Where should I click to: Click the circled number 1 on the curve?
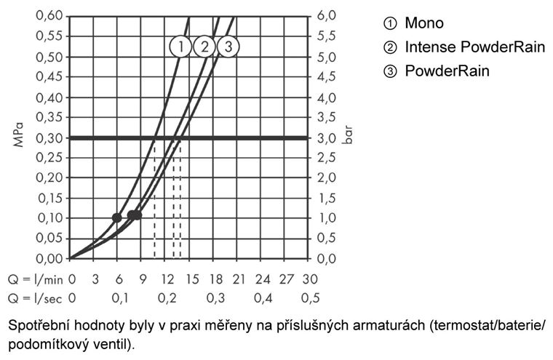pyautogui.click(x=180, y=47)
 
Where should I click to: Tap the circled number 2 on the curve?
pyautogui.click(x=204, y=47)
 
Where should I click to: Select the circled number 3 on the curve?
pyautogui.click(x=228, y=47)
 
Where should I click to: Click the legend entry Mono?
pyautogui.click(x=413, y=23)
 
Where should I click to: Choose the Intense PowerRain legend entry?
pyautogui.click(x=464, y=47)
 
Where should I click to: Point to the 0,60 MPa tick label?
pyautogui.click(x=49, y=15)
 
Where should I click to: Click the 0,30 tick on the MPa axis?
pyautogui.click(x=49, y=138)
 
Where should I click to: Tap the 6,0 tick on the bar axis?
pyautogui.click(x=326, y=15)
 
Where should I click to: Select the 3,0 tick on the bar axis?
pyautogui.click(x=326, y=138)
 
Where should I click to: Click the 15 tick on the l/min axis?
pyautogui.click(x=192, y=279)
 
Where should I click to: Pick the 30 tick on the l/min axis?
pyautogui.click(x=310, y=279)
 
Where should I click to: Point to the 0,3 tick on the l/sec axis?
pyautogui.click(x=215, y=298)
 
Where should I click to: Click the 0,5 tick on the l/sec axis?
pyautogui.click(x=311, y=298)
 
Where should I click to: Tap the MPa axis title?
pyautogui.click(x=18, y=135)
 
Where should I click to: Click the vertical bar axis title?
pyautogui.click(x=348, y=135)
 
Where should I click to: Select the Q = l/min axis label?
pyautogui.click(x=35, y=279)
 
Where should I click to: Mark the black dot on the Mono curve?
pyautogui.click(x=116, y=218)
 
